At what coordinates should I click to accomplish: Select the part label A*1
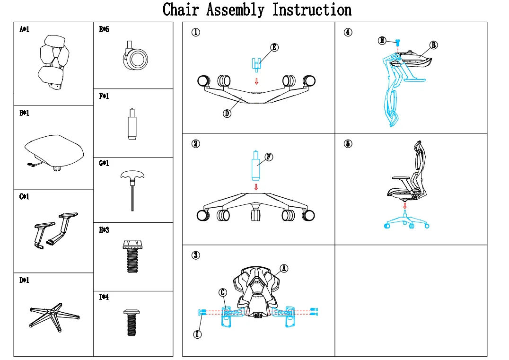click(x=24, y=30)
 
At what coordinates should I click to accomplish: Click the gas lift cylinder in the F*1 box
click(x=131, y=124)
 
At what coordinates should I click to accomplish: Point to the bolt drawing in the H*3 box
click(x=133, y=256)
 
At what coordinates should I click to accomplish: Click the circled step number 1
click(x=195, y=32)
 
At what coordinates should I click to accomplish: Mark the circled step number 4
click(x=348, y=32)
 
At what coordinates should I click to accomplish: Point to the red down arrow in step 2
click(x=256, y=187)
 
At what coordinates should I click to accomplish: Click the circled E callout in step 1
click(x=274, y=47)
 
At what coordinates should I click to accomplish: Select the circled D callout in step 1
click(x=228, y=114)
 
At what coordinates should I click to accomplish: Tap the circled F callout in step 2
click(x=269, y=157)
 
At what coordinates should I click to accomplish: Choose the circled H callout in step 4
click(x=382, y=41)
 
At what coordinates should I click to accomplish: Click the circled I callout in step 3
click(x=198, y=334)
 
